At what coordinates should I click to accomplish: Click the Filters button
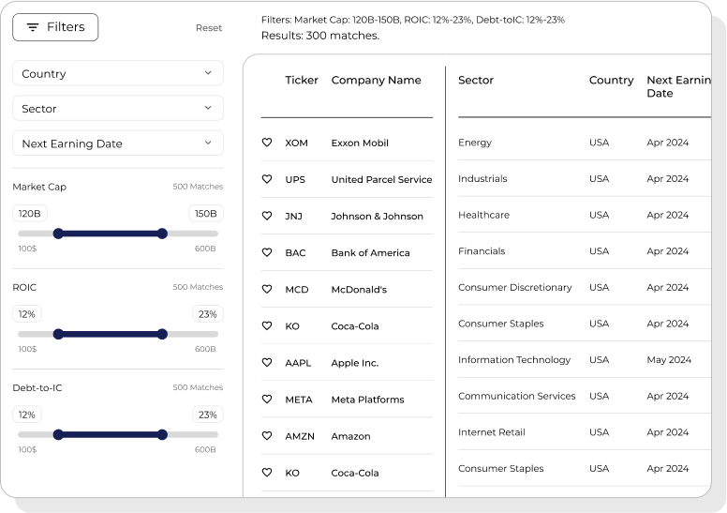click(55, 27)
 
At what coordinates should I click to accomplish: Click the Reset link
click(209, 28)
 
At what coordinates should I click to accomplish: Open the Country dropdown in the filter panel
click(118, 73)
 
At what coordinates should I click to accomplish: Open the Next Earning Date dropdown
click(118, 143)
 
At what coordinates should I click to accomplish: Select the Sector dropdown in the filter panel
click(118, 109)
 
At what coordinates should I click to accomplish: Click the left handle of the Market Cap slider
click(58, 234)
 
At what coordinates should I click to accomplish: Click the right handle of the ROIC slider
click(162, 334)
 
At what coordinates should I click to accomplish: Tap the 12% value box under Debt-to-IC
click(27, 415)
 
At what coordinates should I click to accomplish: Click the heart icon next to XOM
click(267, 143)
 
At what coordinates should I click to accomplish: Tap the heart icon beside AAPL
click(267, 363)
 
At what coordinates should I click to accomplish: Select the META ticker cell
click(299, 400)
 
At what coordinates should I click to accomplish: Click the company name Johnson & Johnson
click(377, 216)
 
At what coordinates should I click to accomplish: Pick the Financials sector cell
click(482, 251)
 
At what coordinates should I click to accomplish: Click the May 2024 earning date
click(669, 360)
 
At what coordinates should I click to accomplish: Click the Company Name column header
click(376, 81)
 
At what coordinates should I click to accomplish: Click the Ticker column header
click(302, 81)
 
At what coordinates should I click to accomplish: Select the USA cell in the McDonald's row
click(599, 288)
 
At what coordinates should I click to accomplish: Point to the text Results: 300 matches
click(320, 36)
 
